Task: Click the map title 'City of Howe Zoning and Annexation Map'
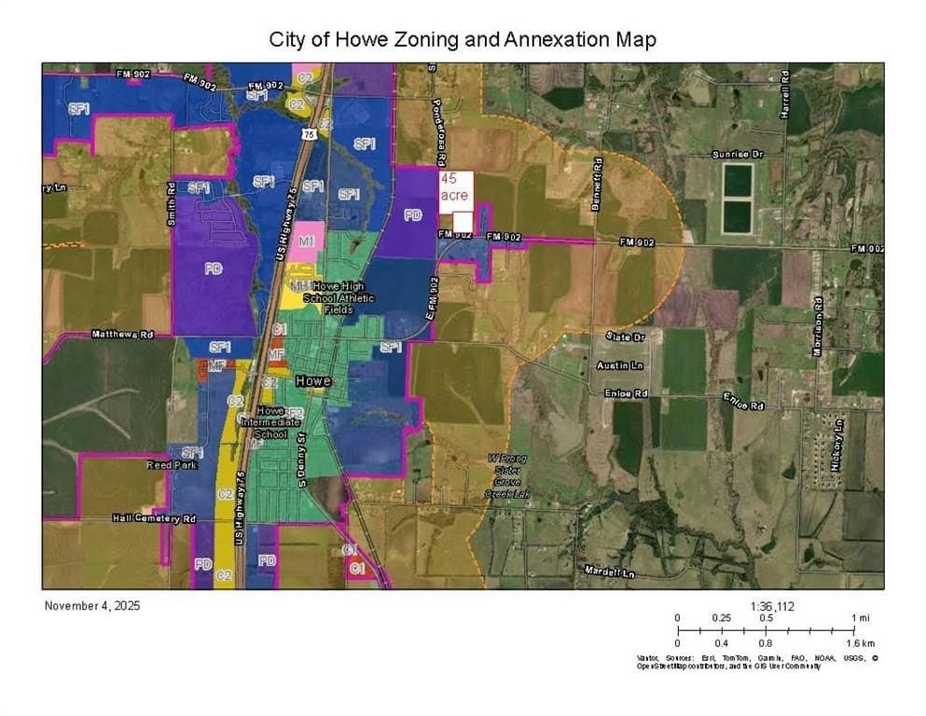pos(463,39)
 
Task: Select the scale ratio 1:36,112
pos(773,605)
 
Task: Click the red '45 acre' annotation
pos(455,186)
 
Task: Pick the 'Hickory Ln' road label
pos(838,437)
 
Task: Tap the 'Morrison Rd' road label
pos(819,322)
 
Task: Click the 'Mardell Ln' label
pos(609,571)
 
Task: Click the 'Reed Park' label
pos(172,464)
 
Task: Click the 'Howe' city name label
pos(312,381)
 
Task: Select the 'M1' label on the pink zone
pos(305,241)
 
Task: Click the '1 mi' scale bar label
pos(861,618)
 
